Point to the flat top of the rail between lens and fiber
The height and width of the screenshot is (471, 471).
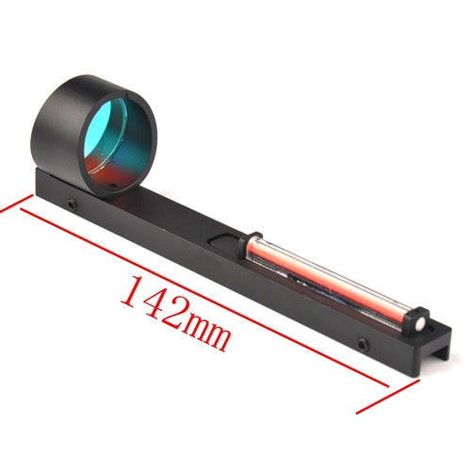(188, 217)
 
